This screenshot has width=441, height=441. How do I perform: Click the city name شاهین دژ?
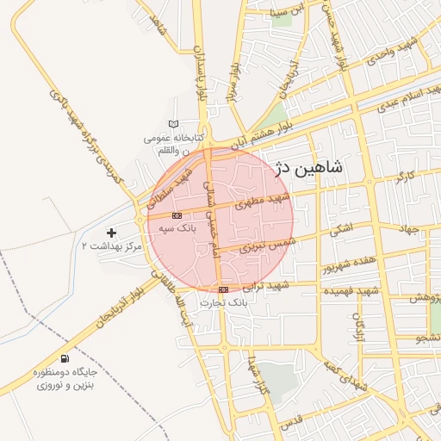tap(307, 168)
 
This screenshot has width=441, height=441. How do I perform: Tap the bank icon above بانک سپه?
tap(177, 215)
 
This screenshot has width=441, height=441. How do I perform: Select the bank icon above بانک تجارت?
tap(224, 289)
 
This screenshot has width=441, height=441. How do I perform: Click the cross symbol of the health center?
tap(111, 233)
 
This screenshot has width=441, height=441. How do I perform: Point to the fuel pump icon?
tap(65, 358)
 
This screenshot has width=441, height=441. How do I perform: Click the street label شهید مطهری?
tap(266, 201)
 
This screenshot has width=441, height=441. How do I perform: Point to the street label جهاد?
tap(408, 228)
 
